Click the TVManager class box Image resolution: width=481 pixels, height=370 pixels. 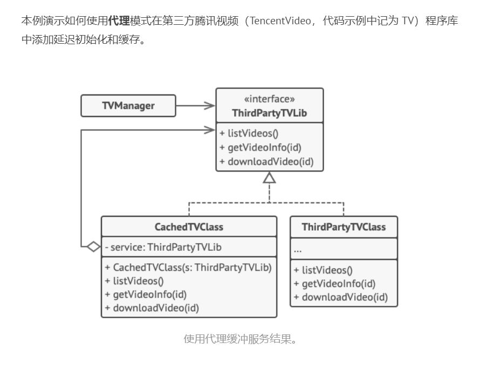pos(128,106)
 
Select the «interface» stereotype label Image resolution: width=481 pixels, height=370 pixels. pos(270,99)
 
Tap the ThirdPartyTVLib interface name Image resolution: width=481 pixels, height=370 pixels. pos(270,113)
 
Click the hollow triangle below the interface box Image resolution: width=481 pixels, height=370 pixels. pos(270,177)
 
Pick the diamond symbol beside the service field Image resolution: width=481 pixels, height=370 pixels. pos(93,247)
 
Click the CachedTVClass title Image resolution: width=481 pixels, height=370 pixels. pos(189,227)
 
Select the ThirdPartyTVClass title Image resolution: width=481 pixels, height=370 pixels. pos(343,227)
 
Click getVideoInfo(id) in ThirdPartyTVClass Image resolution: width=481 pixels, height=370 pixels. pos(334,284)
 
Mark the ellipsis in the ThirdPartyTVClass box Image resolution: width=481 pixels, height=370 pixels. pos(298,250)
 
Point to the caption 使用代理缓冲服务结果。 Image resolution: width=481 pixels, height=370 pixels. pos(240,339)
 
